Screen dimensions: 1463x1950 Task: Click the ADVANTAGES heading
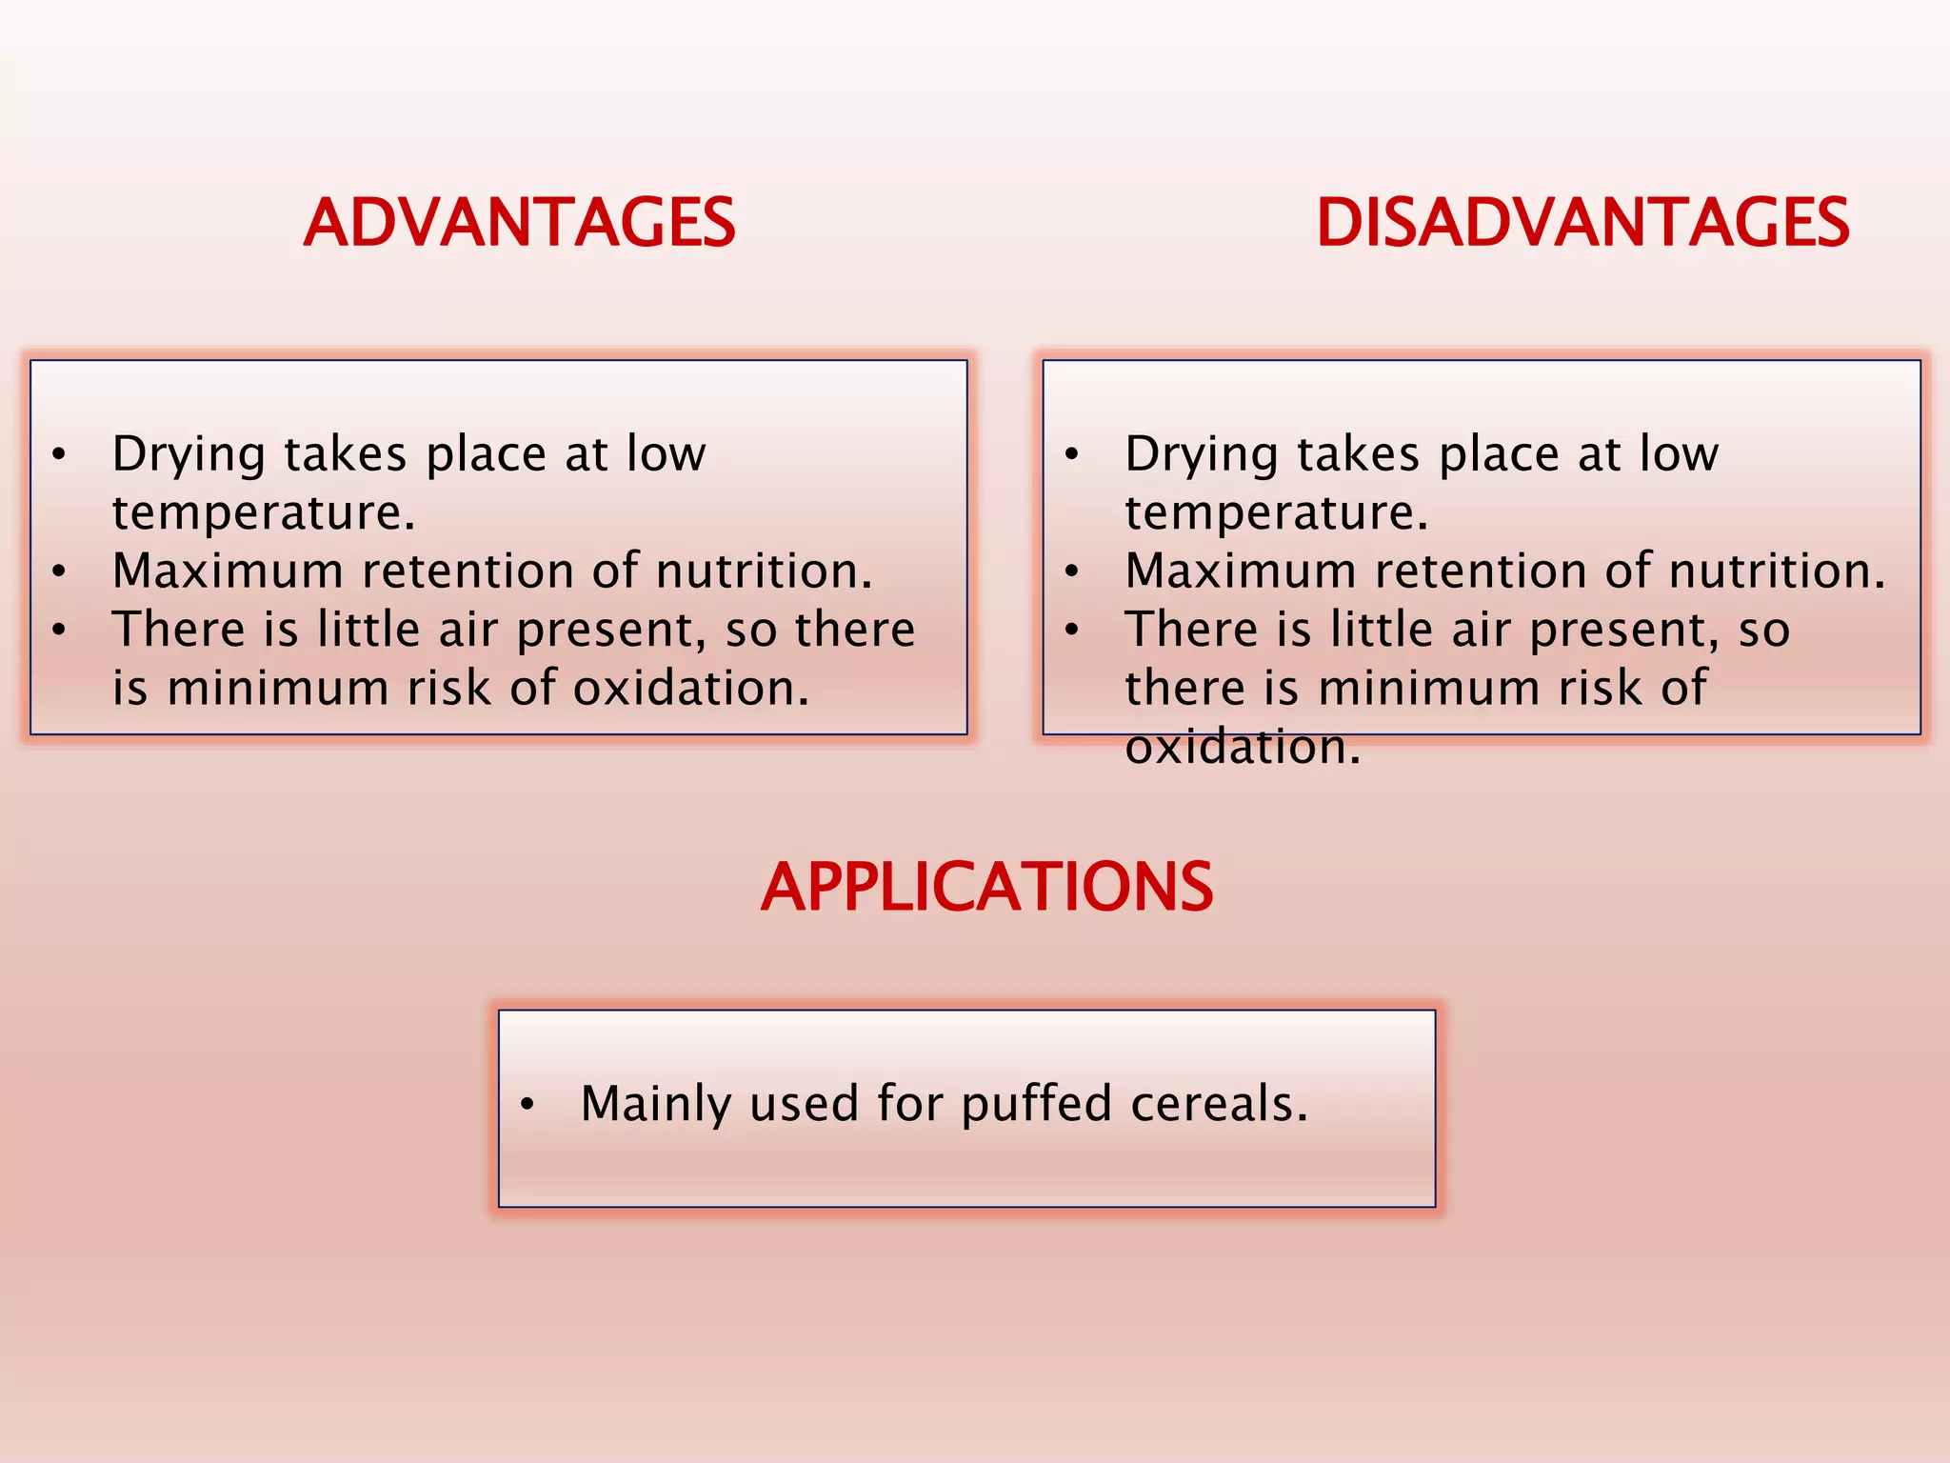pos(519,223)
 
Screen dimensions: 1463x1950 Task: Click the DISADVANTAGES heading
pos(1582,223)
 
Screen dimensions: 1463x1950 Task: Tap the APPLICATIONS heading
pos(986,887)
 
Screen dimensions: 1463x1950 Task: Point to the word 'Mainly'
pos(656,1105)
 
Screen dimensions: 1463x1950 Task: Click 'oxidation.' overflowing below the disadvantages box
pos(1243,747)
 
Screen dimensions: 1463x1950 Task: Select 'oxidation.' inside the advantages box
pos(691,689)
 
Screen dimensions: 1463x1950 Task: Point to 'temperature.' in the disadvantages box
pos(1277,513)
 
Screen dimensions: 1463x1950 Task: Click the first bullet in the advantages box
pos(59,455)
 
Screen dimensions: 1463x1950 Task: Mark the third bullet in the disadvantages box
pos(1072,631)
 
